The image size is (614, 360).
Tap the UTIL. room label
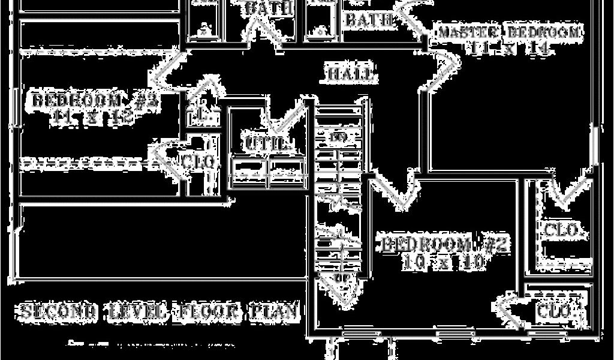click(x=267, y=145)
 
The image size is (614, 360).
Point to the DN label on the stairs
click(x=339, y=137)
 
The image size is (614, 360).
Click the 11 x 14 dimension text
click(x=510, y=49)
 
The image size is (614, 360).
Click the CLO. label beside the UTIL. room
click(x=198, y=162)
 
